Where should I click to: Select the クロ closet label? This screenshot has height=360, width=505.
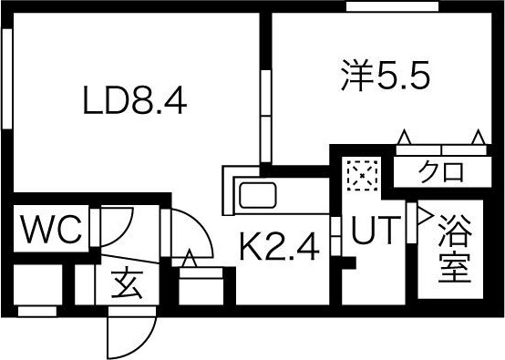click(x=442, y=170)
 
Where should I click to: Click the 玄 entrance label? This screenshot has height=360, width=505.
click(x=126, y=285)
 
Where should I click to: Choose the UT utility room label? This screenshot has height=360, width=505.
click(x=374, y=232)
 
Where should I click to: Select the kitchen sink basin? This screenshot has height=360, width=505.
click(x=261, y=195)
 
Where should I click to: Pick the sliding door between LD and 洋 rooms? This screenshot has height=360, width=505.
click(x=267, y=114)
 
